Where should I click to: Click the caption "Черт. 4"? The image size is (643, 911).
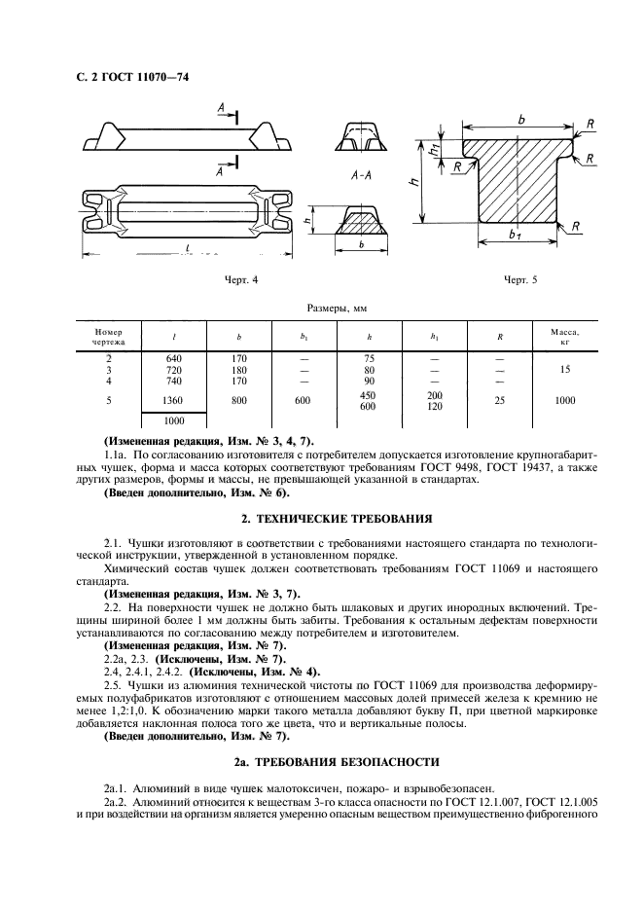[x=240, y=280]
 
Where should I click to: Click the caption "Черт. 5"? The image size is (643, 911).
[x=520, y=280]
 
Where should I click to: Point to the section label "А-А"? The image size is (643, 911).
[x=362, y=177]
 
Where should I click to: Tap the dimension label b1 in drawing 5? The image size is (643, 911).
[x=517, y=237]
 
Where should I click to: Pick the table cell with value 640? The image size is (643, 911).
[x=175, y=359]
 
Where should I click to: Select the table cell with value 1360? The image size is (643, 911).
[x=175, y=400]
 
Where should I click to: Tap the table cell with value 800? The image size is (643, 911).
[x=239, y=400]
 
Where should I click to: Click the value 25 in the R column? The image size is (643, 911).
[x=500, y=400]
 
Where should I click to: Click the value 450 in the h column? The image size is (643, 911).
[x=369, y=395]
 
